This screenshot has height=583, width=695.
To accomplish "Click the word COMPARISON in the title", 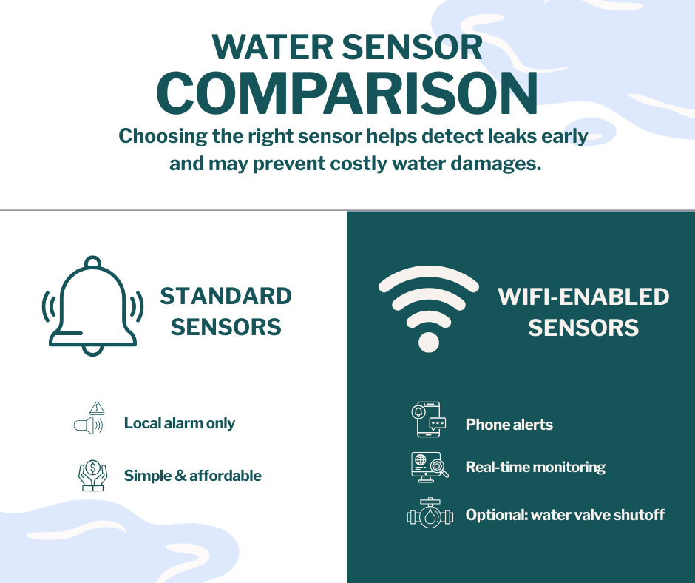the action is pyautogui.click(x=347, y=94).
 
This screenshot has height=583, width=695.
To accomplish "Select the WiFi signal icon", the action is pyautogui.click(x=428, y=307).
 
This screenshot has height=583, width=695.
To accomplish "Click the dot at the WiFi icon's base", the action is pyautogui.click(x=428, y=342).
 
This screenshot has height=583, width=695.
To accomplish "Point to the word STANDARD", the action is pyautogui.click(x=226, y=297).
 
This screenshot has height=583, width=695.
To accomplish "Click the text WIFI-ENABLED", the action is pyautogui.click(x=583, y=297).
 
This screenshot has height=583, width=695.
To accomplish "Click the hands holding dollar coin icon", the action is pyautogui.click(x=92, y=476).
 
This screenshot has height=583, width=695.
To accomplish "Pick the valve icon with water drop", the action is pyautogui.click(x=430, y=514).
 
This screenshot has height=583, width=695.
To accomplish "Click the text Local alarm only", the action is pyautogui.click(x=179, y=424).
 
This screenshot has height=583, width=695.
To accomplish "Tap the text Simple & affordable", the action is pyautogui.click(x=192, y=476).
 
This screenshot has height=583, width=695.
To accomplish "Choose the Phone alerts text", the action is pyautogui.click(x=509, y=425).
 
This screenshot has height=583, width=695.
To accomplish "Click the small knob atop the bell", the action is pyautogui.click(x=93, y=262).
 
